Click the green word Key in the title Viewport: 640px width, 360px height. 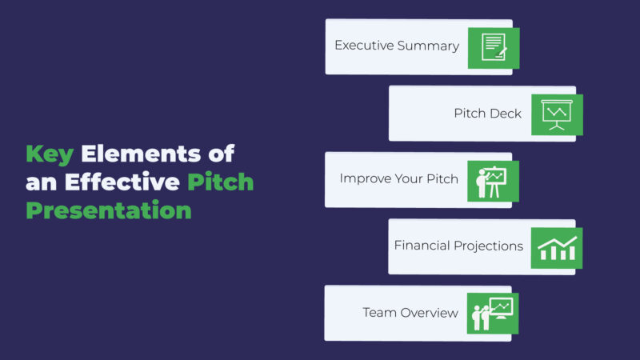(x=50, y=154)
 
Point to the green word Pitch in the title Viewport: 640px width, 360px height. (x=220, y=182)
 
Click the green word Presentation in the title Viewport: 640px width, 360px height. (x=109, y=211)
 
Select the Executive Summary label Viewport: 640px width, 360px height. (x=397, y=46)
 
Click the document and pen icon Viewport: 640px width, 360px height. (x=494, y=48)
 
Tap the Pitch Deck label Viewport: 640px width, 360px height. (x=487, y=114)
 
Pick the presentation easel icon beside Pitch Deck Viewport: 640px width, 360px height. (x=557, y=114)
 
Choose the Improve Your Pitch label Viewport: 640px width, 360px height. (x=398, y=178)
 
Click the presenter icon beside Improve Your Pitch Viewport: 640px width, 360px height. (x=493, y=181)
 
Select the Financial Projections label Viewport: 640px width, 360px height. (x=458, y=246)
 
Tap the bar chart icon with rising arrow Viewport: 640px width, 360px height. (x=557, y=247)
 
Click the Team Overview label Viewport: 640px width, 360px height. (x=410, y=312)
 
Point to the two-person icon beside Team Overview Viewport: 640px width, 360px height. (x=493, y=313)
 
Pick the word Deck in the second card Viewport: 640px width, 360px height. (x=506, y=114)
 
